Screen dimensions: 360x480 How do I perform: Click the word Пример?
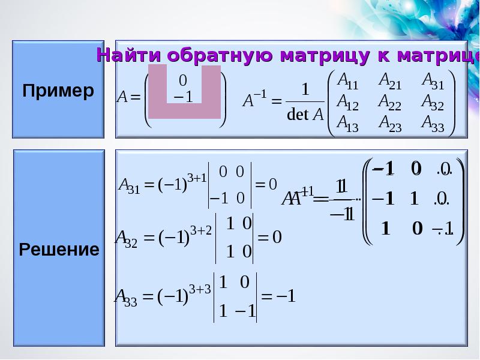click(x=58, y=91)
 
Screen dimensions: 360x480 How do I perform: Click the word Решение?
click(x=59, y=249)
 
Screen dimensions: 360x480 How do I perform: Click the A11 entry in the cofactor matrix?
click(x=349, y=80)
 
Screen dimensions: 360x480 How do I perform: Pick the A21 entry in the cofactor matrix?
click(x=390, y=80)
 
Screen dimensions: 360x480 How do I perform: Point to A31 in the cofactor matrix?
click(x=433, y=80)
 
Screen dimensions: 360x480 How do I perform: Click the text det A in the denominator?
click(x=305, y=115)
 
